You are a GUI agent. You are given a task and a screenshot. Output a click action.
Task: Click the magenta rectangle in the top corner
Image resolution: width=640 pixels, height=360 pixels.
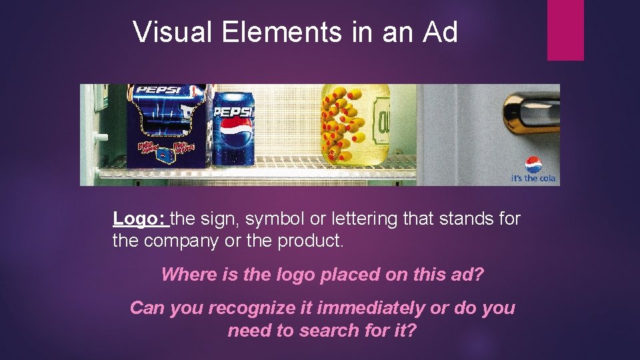pos(565,30)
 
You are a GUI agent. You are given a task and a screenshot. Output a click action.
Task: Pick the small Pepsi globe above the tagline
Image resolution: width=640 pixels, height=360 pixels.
pos(533,164)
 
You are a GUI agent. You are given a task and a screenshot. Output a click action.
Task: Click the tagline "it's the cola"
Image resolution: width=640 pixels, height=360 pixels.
pos(533,179)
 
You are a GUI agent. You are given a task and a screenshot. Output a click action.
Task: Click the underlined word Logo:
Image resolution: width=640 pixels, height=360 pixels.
pos(139,219)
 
